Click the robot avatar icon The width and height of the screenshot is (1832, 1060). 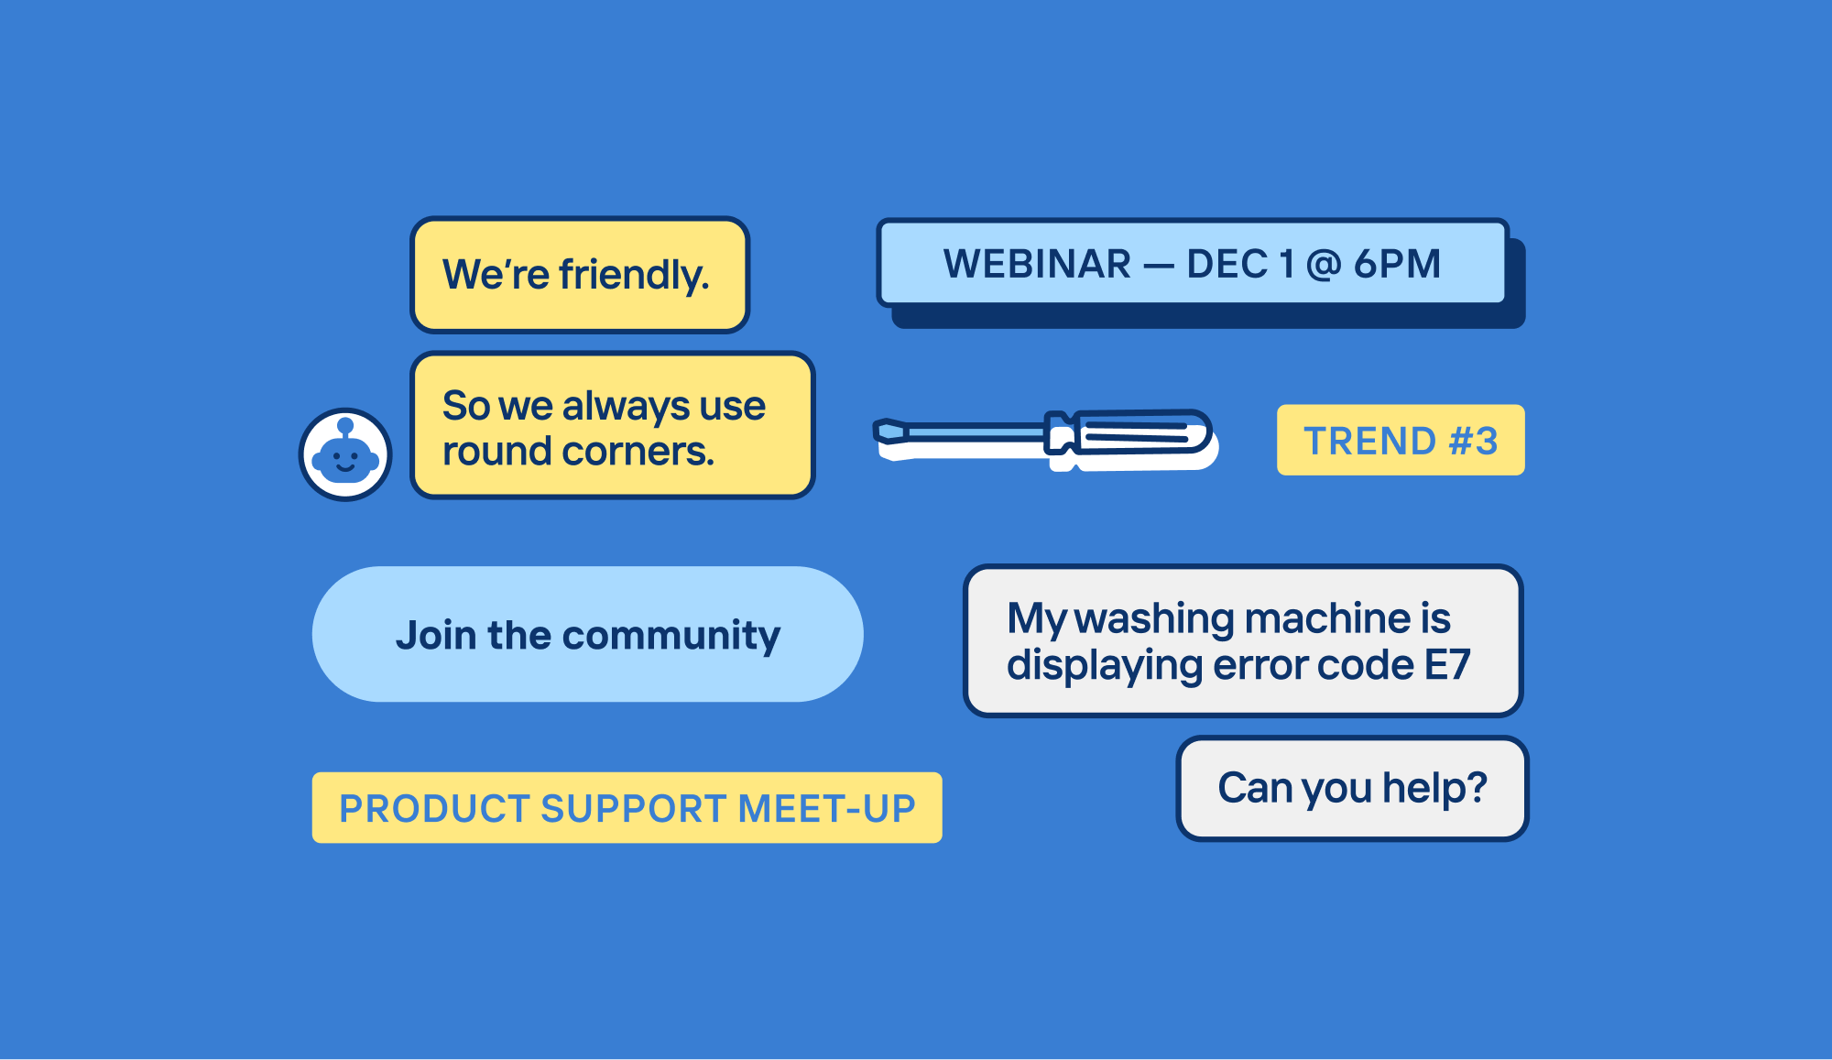[x=345, y=454]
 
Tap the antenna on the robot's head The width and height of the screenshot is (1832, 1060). [x=345, y=427]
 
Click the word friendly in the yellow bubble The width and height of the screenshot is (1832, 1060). [x=634, y=275]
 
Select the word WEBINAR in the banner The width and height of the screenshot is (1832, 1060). [x=1037, y=264]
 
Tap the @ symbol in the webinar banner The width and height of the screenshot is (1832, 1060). [x=1323, y=265]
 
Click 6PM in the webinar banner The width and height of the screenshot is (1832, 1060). [x=1398, y=264]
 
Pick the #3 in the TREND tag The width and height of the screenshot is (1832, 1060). [x=1474, y=441]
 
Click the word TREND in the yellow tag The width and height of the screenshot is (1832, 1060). [x=1369, y=441]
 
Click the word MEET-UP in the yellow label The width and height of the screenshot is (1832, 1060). [x=826, y=808]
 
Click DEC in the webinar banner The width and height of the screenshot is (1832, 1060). [x=1227, y=264]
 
